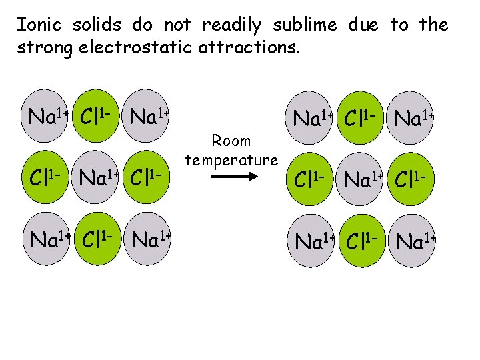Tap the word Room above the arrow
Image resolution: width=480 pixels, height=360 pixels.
(231, 141)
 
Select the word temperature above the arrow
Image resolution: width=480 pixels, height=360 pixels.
(231, 160)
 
